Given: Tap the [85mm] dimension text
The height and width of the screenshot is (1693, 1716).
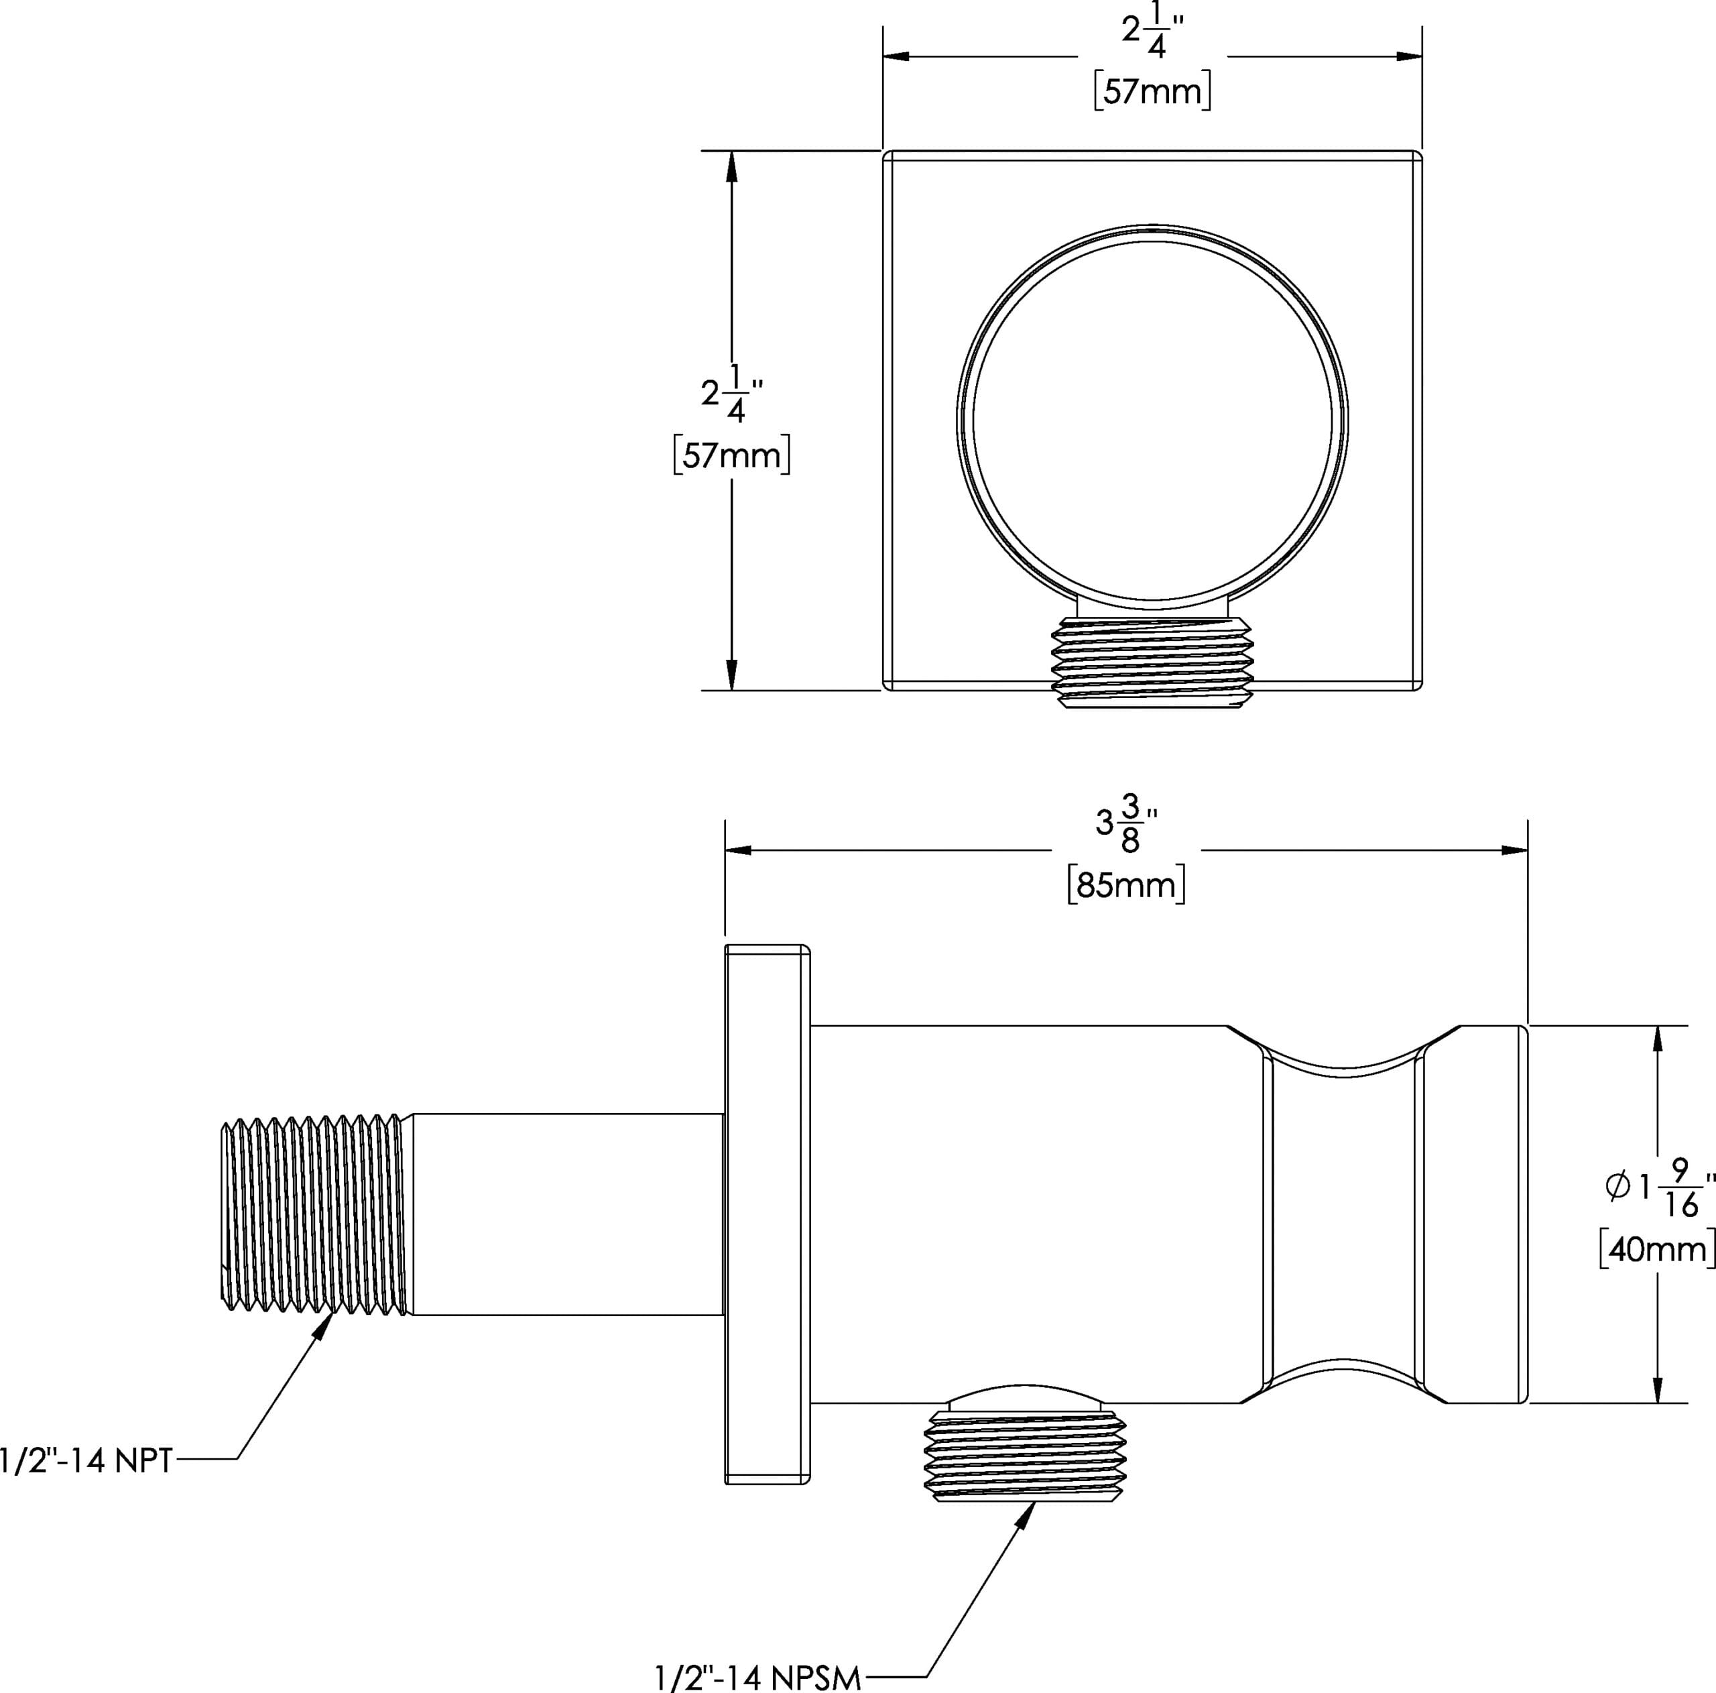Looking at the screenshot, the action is point(1126,886).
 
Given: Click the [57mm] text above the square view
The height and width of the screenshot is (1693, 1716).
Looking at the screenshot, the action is point(1152,91).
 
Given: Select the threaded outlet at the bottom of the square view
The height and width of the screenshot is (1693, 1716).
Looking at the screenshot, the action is point(1152,662).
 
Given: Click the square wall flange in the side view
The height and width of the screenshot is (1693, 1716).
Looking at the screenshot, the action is point(768,1214).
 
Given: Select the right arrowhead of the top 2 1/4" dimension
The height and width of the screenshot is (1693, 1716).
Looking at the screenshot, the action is point(1409,56).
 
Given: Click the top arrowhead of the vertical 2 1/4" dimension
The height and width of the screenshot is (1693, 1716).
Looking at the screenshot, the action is point(732,165).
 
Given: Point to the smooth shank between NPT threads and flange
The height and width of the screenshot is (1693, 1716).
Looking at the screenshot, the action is point(566,1214).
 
